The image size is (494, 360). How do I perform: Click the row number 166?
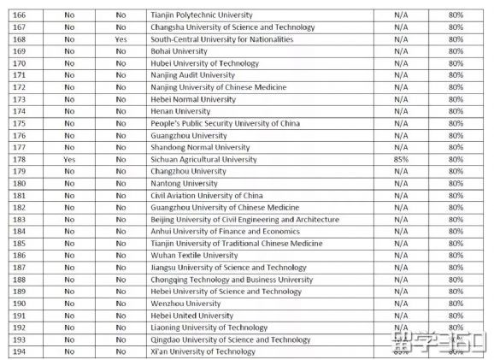coord(18,15)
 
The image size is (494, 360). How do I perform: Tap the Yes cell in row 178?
coord(69,159)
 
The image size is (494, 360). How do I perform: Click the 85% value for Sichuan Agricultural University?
coord(398,159)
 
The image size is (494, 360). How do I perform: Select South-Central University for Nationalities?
coord(221,39)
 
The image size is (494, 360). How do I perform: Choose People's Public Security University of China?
coord(225,123)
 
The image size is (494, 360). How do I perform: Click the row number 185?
coord(18,243)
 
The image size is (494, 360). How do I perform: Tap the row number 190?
coord(18,303)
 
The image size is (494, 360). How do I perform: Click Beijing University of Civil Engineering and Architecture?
coord(244,219)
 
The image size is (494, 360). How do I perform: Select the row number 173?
coord(18,99)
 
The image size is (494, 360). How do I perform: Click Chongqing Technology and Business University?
coord(232,279)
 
